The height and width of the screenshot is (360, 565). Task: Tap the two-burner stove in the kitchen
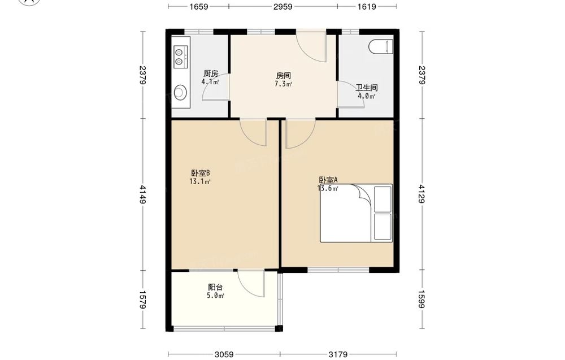180,57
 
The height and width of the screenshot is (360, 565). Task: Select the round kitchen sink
180,92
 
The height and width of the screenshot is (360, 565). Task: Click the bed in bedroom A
357,213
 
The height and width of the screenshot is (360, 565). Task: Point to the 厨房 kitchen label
211,74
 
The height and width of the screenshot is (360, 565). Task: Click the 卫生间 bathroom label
367,88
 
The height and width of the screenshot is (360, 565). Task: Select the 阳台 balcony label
215,287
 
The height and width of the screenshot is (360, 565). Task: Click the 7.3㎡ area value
283,84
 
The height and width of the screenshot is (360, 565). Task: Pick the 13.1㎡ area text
200,181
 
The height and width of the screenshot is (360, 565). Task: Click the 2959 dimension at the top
283,6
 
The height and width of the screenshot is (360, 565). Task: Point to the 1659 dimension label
198,6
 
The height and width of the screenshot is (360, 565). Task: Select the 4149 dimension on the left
143,194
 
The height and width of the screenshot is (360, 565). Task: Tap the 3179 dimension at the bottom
338,354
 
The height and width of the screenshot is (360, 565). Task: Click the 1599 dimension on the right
422,300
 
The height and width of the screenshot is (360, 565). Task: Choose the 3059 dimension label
224,354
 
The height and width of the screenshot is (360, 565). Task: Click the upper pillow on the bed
383,199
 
